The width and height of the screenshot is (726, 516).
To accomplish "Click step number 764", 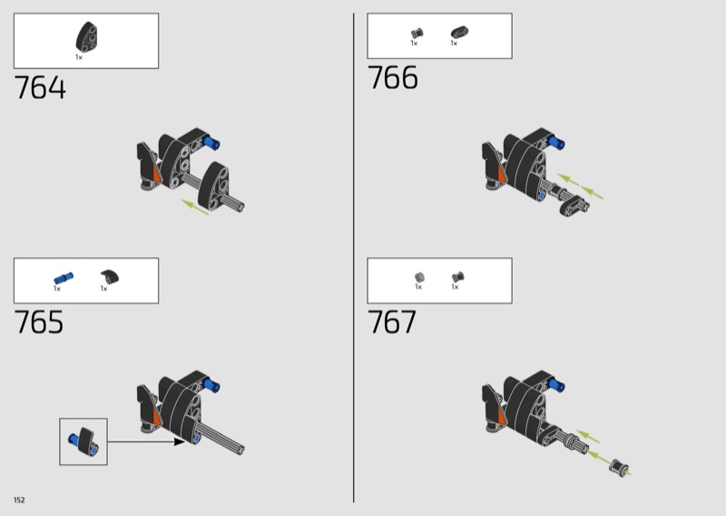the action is pos(40,87).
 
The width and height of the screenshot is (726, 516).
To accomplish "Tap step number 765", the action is pos(39,322).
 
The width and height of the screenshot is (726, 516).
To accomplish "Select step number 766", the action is pos(393,77).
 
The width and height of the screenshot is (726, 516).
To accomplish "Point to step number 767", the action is pos(392,322).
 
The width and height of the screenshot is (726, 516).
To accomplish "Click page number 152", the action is pos(19,500).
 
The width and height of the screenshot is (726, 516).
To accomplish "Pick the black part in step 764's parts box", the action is pos(86,37).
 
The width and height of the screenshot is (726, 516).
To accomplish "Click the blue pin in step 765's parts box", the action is pos(64,278).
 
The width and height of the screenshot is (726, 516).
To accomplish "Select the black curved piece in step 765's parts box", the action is pos(110,277).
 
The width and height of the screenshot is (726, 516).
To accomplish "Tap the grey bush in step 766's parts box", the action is pos(417,33).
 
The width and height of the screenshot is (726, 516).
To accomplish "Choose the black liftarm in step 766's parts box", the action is pos(459,33).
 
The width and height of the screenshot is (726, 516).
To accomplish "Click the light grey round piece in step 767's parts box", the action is pos(419,277).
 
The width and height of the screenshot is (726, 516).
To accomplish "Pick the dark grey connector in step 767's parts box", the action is pos(458,277).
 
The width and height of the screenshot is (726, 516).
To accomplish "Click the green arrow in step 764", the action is pos(195,207).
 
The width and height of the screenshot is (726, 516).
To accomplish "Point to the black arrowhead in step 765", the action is pos(179,442).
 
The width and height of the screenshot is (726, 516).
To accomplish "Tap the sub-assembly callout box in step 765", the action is pos(83,442).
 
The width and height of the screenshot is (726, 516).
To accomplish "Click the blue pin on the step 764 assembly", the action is pos(212,143).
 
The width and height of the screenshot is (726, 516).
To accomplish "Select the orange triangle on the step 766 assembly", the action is pos(502,174).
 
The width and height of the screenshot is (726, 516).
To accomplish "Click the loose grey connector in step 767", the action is pos(620,468).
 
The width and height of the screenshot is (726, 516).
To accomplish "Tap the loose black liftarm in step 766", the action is pos(574,206).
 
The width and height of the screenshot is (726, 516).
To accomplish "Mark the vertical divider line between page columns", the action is pos(354,258).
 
